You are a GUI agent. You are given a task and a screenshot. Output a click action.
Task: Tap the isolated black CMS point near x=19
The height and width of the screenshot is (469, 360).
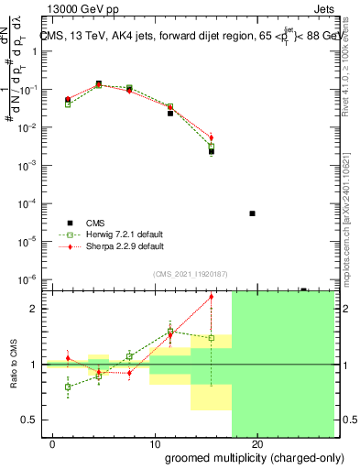tap(252, 213)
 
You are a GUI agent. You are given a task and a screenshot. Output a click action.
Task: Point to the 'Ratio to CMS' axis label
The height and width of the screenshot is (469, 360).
tap(13, 364)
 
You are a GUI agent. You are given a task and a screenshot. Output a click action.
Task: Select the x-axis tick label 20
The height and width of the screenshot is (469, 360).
tap(257, 443)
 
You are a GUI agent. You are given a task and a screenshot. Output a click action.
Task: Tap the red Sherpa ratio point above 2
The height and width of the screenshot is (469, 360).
tap(212, 297)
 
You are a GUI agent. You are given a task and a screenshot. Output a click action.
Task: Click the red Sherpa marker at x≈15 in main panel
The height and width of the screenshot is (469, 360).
tap(212, 138)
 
